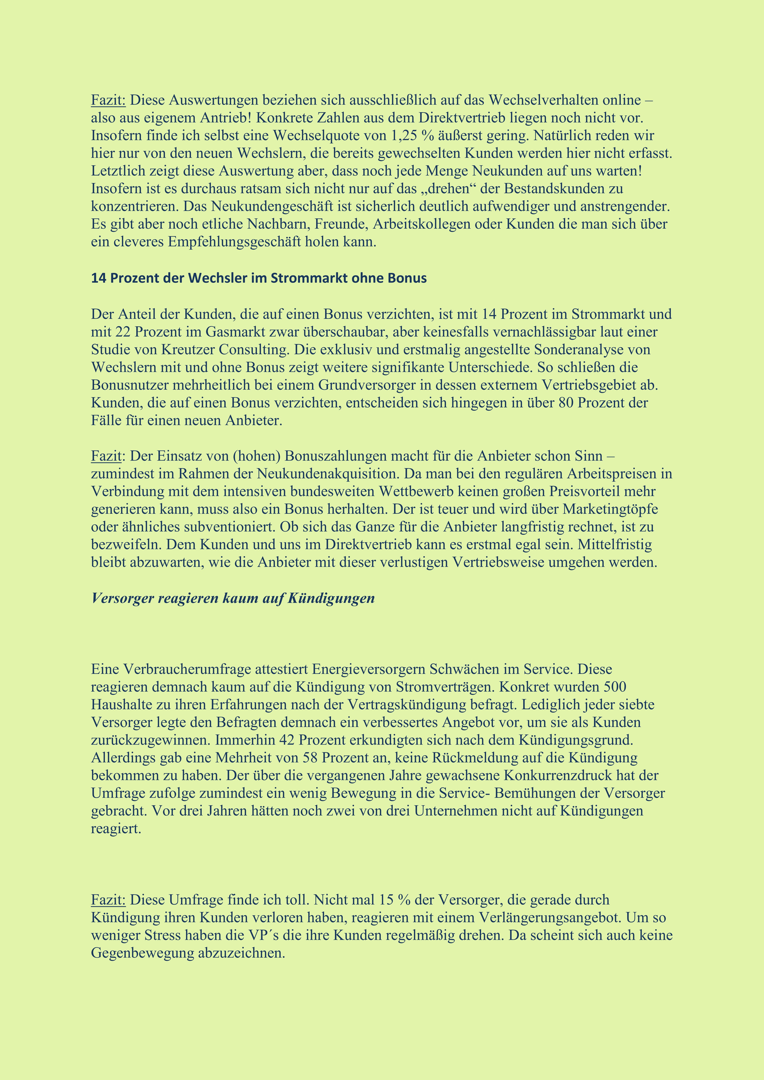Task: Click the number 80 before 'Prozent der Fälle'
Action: coord(565,403)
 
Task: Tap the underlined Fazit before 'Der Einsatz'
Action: coord(106,456)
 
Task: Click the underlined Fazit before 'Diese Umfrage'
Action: coord(108,900)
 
